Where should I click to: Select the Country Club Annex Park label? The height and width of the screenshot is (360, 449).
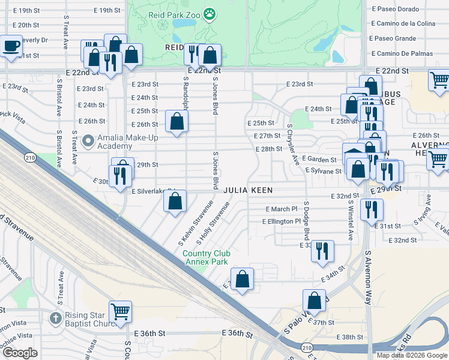point(206,257)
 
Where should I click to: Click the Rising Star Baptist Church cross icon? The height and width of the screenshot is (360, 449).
point(55,317)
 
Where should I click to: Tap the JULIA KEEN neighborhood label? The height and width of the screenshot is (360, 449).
point(249,190)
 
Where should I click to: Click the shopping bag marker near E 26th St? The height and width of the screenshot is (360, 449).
point(176,122)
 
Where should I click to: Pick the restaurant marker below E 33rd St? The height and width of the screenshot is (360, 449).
point(323,251)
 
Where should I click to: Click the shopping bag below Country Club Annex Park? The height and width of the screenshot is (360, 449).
point(242,279)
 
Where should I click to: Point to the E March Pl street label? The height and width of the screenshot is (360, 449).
point(282,209)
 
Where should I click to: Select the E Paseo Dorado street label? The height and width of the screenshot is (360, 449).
point(394,9)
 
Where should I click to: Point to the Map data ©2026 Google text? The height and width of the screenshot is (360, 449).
point(411,355)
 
